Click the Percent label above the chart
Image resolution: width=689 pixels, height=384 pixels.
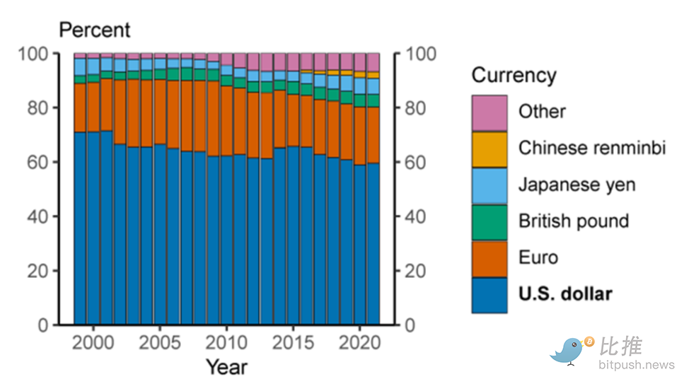95,30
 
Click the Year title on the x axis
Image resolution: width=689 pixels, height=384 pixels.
227,367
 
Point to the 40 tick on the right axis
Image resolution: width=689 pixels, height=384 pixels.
415,216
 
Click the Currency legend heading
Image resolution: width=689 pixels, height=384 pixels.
514,76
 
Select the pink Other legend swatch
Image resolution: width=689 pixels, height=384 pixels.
490,112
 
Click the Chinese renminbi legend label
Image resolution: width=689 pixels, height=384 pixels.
592,148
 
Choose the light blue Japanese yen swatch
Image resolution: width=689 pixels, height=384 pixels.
490,186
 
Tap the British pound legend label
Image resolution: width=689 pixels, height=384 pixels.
573,221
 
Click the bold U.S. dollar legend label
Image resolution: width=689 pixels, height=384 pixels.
565,294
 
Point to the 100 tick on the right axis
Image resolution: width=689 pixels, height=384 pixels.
419,54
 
